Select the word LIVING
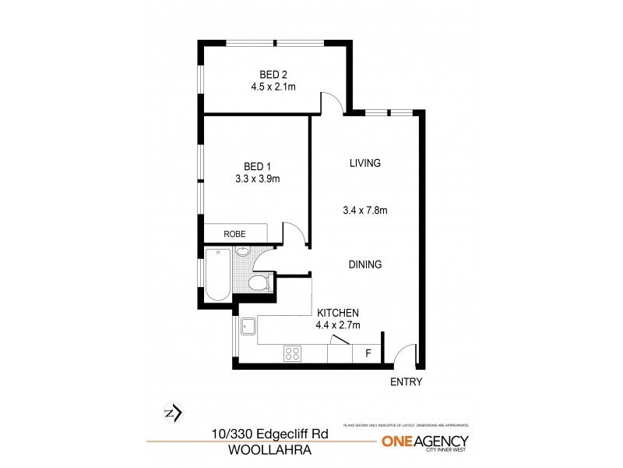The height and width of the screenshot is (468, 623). pos(364,163)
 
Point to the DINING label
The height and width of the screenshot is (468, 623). pos(364,264)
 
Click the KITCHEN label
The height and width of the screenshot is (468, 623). pos(331,313)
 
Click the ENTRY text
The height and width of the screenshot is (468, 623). pos(406,382)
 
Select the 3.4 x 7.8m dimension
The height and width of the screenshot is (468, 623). pos(364,210)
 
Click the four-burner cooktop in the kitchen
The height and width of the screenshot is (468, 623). pos(293,354)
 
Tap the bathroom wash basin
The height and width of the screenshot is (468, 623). pos(242,252)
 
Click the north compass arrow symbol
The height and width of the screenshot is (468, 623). pos(174,412)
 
